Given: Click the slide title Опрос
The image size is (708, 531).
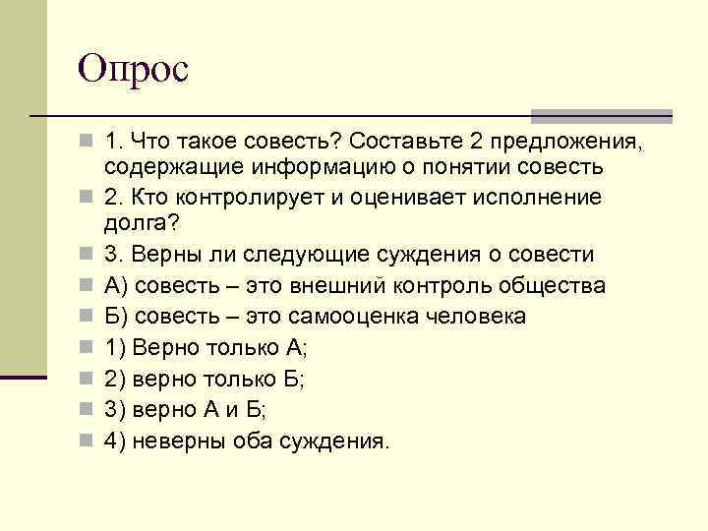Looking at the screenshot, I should (134, 71).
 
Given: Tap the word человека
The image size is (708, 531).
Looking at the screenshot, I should (482, 317).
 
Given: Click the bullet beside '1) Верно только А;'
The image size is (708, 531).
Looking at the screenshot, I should (88, 348).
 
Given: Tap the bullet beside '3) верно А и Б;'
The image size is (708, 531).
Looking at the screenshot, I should (88, 410).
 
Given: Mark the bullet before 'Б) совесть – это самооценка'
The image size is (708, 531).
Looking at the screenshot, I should (88, 317).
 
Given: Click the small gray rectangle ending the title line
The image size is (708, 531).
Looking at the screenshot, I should (651, 116).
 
